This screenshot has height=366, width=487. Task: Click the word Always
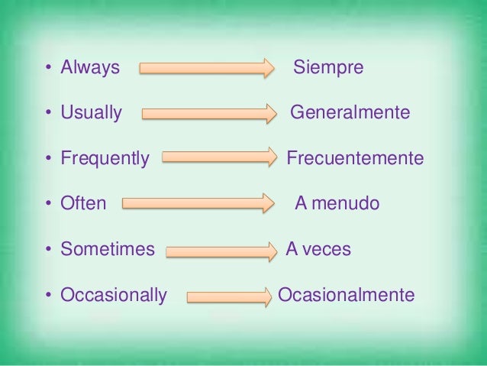tap(90, 68)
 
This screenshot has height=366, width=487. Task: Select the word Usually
tap(91, 114)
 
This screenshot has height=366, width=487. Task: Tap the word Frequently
tap(105, 159)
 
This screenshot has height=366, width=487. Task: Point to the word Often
tap(83, 204)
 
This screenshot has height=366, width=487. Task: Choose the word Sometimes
tap(107, 249)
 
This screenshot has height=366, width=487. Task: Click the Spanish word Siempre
tap(328, 68)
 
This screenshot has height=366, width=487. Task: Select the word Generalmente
tap(350, 114)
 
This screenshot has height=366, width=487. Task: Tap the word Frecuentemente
tap(354, 159)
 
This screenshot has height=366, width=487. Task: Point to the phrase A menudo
tap(337, 204)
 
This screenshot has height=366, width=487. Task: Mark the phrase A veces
tap(318, 249)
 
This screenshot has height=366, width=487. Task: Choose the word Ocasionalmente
tap(346, 295)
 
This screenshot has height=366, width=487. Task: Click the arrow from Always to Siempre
tap(205, 69)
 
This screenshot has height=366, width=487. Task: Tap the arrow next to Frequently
tap(220, 159)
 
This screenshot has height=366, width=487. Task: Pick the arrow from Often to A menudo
tap(197, 204)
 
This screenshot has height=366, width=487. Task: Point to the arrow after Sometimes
tap(221, 250)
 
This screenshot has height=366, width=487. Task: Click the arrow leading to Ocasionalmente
tap(229, 296)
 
